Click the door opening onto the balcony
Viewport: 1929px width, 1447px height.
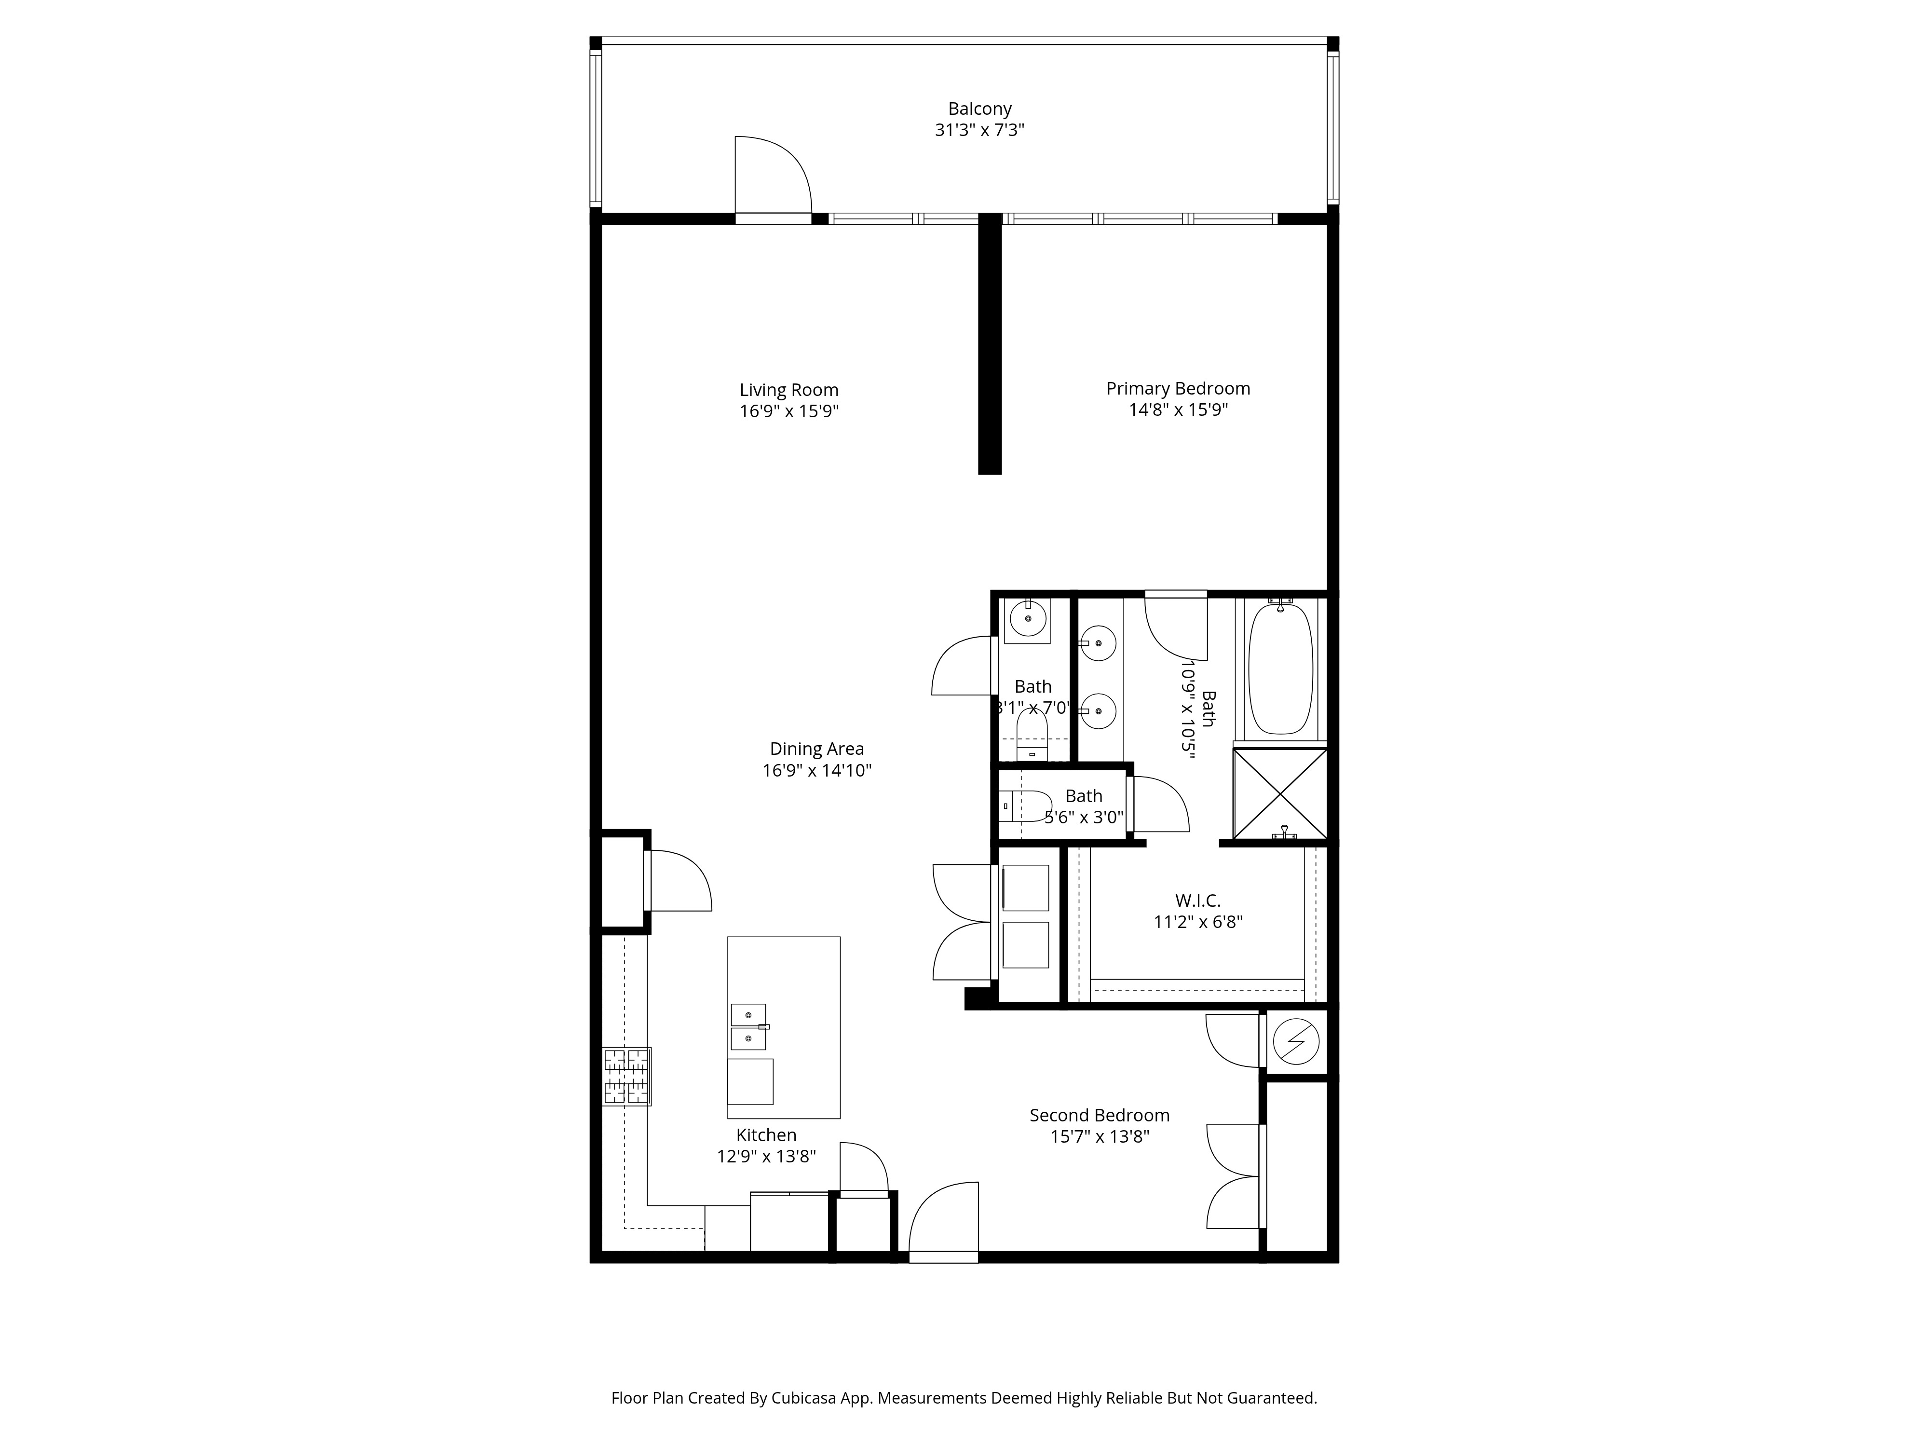tap(773, 179)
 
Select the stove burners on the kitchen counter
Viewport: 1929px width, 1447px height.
tap(626, 1076)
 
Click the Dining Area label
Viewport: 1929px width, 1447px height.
tap(816, 749)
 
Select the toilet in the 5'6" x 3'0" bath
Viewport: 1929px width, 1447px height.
tap(1026, 806)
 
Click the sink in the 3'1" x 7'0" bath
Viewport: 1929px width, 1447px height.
tap(1028, 619)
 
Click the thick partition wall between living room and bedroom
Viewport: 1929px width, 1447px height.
tap(989, 349)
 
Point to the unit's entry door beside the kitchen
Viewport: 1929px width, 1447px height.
tap(944, 1226)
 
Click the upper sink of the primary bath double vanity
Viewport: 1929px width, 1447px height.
tap(1099, 644)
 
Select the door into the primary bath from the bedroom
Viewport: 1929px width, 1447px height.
tap(1176, 624)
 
